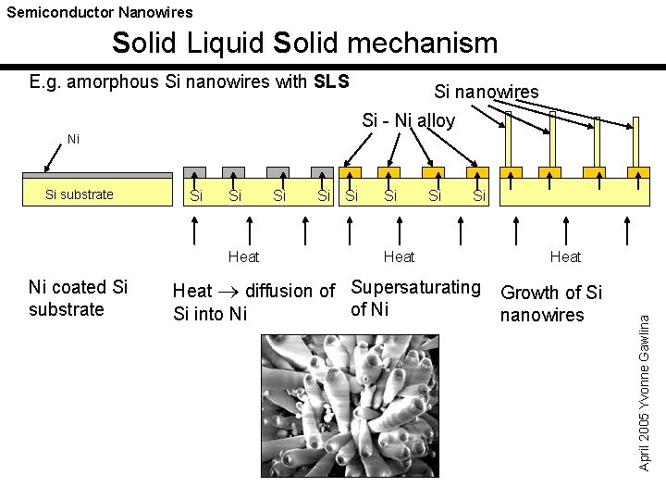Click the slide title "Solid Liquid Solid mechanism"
pyautogui.click(x=304, y=43)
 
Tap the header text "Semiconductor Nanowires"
pyautogui.click(x=100, y=12)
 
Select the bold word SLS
pyautogui.click(x=331, y=81)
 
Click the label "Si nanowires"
pyautogui.click(x=487, y=91)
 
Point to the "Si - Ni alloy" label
pyautogui.click(x=408, y=120)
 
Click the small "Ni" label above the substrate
pyautogui.click(x=74, y=140)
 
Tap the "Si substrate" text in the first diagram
pyautogui.click(x=80, y=194)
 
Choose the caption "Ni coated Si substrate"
pyautogui.click(x=79, y=298)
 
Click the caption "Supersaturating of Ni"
pyautogui.click(x=415, y=298)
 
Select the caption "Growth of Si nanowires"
pyautogui.click(x=550, y=304)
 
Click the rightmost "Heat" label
pyautogui.click(x=565, y=256)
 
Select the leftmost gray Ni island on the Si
pyautogui.click(x=195, y=171)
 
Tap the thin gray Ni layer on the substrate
pyautogui.click(x=97, y=175)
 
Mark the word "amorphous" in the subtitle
pyautogui.click(x=115, y=81)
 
